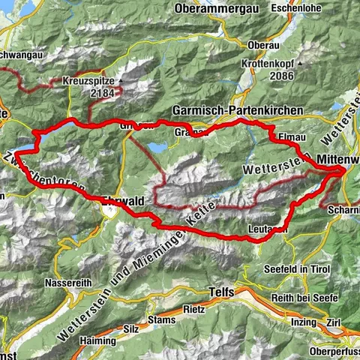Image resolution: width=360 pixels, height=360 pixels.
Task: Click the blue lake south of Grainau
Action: [x=157, y=147]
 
